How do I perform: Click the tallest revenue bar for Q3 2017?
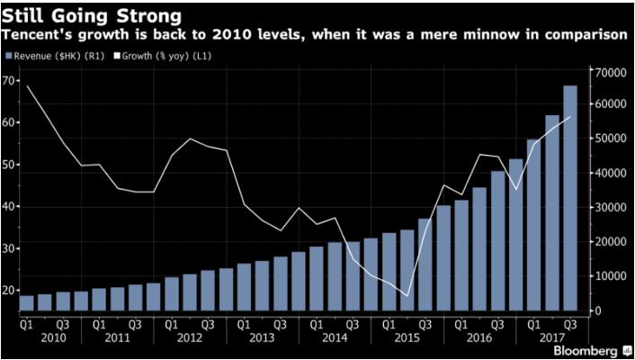[570, 198]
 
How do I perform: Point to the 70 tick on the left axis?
[9, 81]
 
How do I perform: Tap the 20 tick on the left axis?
[9, 290]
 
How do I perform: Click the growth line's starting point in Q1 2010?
[26, 86]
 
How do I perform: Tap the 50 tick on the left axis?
[9, 165]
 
